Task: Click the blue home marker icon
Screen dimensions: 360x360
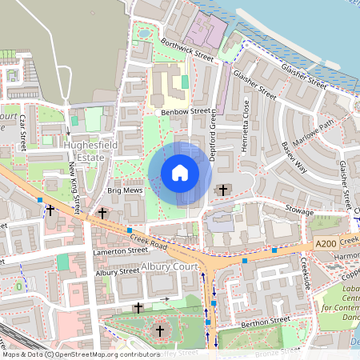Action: click(x=180, y=173)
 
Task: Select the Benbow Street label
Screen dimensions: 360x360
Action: click(x=185, y=112)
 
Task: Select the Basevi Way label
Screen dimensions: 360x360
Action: click(x=294, y=158)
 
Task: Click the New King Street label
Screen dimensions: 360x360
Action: click(x=74, y=186)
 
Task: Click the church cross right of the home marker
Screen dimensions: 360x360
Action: click(x=222, y=190)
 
